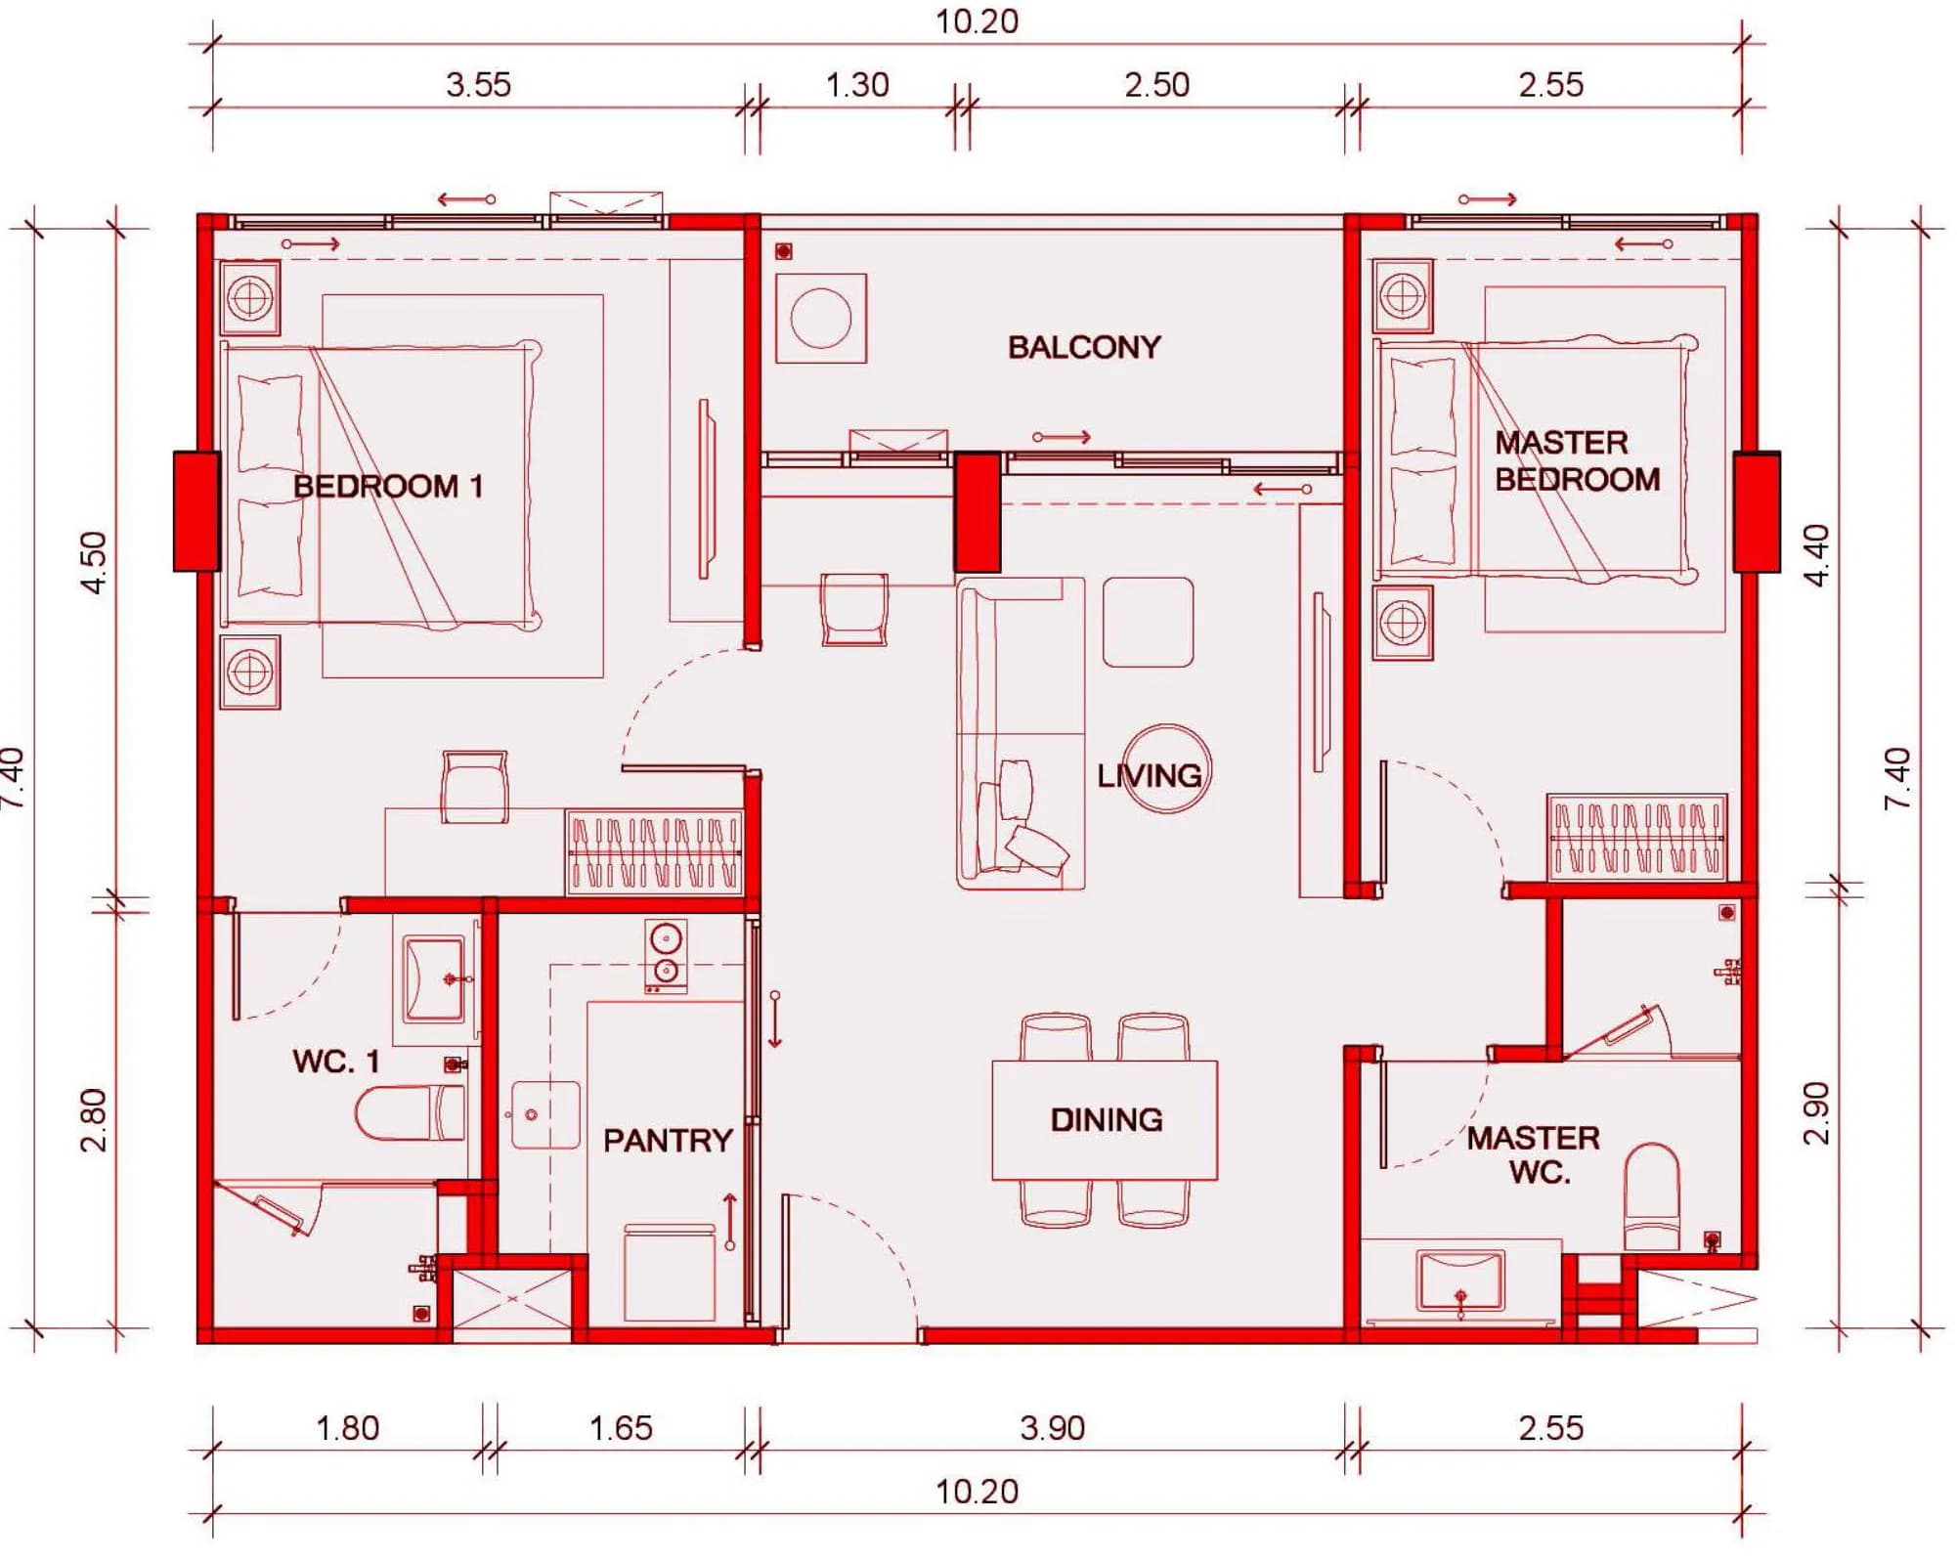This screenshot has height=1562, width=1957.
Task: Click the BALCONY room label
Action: (x=1084, y=347)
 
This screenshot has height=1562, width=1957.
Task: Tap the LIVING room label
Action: (x=1150, y=776)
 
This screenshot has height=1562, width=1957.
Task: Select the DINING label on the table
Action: (x=1107, y=1120)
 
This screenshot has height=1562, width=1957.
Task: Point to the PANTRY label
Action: (x=668, y=1141)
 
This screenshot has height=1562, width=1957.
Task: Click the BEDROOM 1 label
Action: (x=388, y=487)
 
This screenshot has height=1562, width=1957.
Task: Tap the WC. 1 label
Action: (x=335, y=1062)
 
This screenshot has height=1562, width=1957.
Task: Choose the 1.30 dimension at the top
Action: (x=857, y=85)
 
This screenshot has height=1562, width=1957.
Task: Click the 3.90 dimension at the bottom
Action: (x=1052, y=1428)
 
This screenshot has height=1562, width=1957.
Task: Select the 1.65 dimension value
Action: (x=620, y=1428)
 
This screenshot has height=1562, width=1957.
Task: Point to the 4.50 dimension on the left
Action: (x=94, y=562)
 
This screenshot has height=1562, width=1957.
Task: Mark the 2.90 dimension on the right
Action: (x=1815, y=1112)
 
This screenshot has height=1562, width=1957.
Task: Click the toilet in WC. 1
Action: (x=410, y=1112)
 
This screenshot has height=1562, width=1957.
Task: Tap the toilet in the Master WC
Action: (x=1651, y=1196)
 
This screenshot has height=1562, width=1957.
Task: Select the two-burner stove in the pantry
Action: (x=666, y=956)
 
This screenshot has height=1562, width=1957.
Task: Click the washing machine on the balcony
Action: (x=821, y=319)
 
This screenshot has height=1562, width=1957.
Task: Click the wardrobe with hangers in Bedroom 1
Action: (x=654, y=851)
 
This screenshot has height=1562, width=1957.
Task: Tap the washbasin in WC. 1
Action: (x=434, y=978)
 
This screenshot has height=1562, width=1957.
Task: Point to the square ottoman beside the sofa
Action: (x=1148, y=622)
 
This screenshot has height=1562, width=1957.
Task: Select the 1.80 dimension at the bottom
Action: (x=347, y=1428)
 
